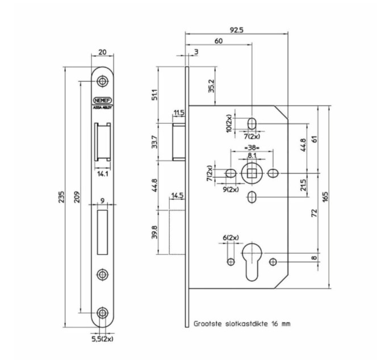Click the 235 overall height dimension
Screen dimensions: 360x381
(x=69, y=195)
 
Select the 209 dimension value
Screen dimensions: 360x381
(x=82, y=195)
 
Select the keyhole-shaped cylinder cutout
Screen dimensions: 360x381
(x=252, y=261)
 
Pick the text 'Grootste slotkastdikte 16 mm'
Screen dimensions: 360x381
(x=242, y=323)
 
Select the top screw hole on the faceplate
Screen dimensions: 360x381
(x=102, y=81)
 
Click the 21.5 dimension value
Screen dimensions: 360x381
(x=303, y=185)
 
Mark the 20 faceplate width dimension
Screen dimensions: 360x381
(x=102, y=52)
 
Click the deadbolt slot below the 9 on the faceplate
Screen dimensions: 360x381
(x=102, y=232)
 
